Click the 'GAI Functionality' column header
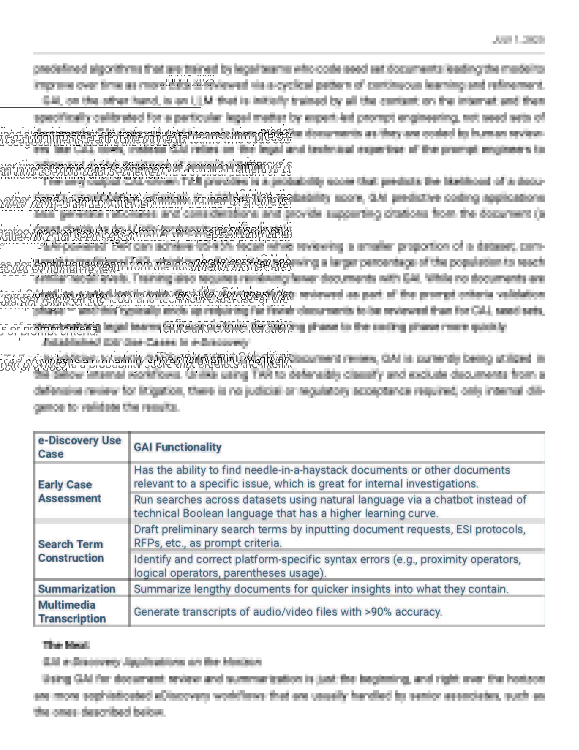tap(177, 447)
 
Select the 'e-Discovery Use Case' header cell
tap(79, 447)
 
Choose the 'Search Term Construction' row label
tap(71, 551)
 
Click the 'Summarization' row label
tap(77, 589)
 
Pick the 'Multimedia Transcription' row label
tap(72, 612)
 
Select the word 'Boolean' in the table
tap(203, 513)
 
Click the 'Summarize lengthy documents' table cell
tap(321, 589)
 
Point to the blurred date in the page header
tap(518, 40)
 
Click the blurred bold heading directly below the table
tap(66, 645)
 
